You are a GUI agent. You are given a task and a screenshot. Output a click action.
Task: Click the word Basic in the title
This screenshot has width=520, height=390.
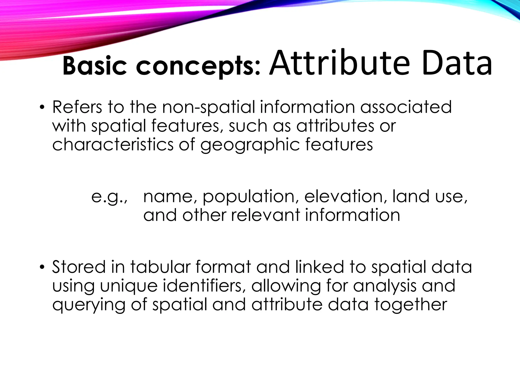tap(94, 66)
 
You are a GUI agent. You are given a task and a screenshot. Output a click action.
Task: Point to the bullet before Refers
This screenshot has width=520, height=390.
tap(42, 107)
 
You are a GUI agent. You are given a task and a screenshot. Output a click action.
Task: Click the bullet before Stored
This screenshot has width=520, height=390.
tap(42, 267)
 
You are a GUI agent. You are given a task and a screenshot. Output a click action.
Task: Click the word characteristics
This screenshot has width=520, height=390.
tap(113, 144)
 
